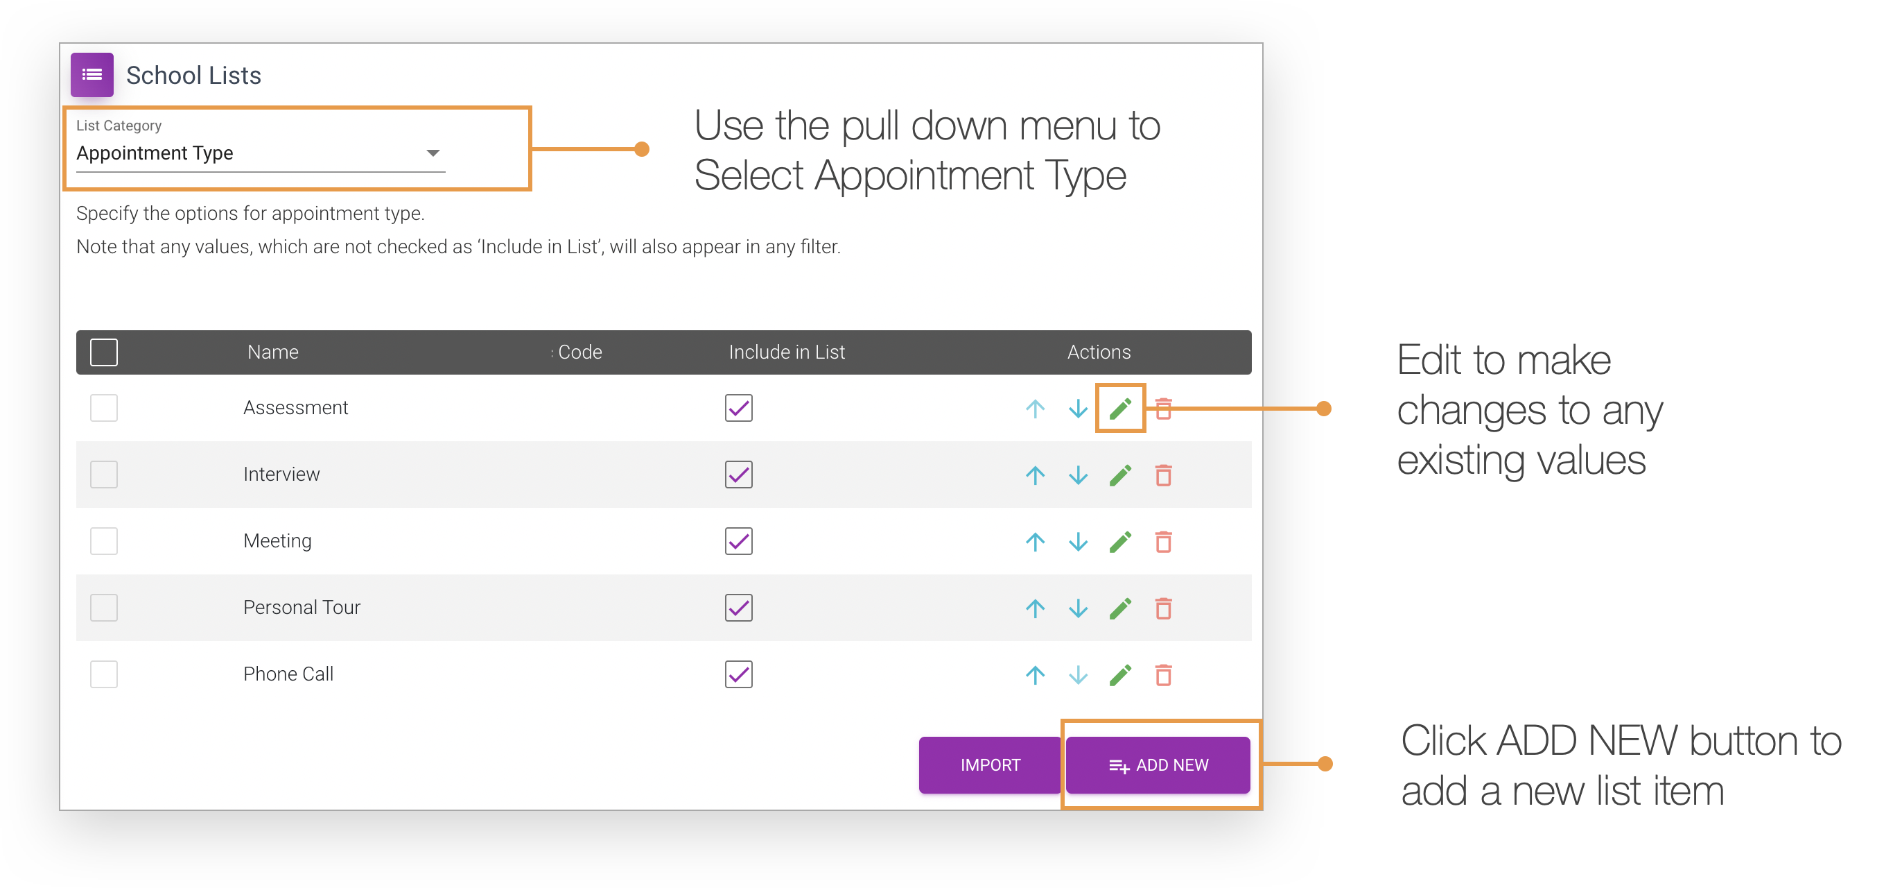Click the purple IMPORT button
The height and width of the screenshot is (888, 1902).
pyautogui.click(x=989, y=765)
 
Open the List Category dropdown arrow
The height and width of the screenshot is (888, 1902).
pyautogui.click(x=433, y=153)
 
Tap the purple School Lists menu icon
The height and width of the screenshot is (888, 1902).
pyautogui.click(x=92, y=75)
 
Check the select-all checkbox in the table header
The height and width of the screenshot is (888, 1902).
pyautogui.click(x=104, y=352)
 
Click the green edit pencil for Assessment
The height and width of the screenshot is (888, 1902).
pyautogui.click(x=1120, y=408)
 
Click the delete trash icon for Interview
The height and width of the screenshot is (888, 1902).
pyautogui.click(x=1163, y=475)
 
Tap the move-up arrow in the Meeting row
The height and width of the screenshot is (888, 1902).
pyautogui.click(x=1035, y=542)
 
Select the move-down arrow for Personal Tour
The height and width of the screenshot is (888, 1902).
pyautogui.click(x=1078, y=608)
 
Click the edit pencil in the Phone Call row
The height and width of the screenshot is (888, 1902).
pyautogui.click(x=1120, y=674)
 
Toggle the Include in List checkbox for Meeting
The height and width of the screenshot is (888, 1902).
pyautogui.click(x=738, y=542)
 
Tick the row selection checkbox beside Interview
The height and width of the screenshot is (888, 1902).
pyautogui.click(x=104, y=475)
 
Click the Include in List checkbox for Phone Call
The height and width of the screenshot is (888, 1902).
pyautogui.click(x=738, y=674)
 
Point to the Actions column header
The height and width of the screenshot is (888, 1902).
pyautogui.click(x=1099, y=352)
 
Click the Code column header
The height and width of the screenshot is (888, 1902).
pyautogui.click(x=579, y=352)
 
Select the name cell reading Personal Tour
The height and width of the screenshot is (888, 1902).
pyautogui.click(x=302, y=607)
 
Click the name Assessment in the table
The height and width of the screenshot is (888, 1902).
pyautogui.click(x=295, y=408)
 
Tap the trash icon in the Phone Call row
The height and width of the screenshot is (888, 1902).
pyautogui.click(x=1163, y=674)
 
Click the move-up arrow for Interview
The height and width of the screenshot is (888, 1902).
pyautogui.click(x=1035, y=475)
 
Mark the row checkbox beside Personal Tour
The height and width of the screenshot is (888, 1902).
pyautogui.click(x=104, y=607)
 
